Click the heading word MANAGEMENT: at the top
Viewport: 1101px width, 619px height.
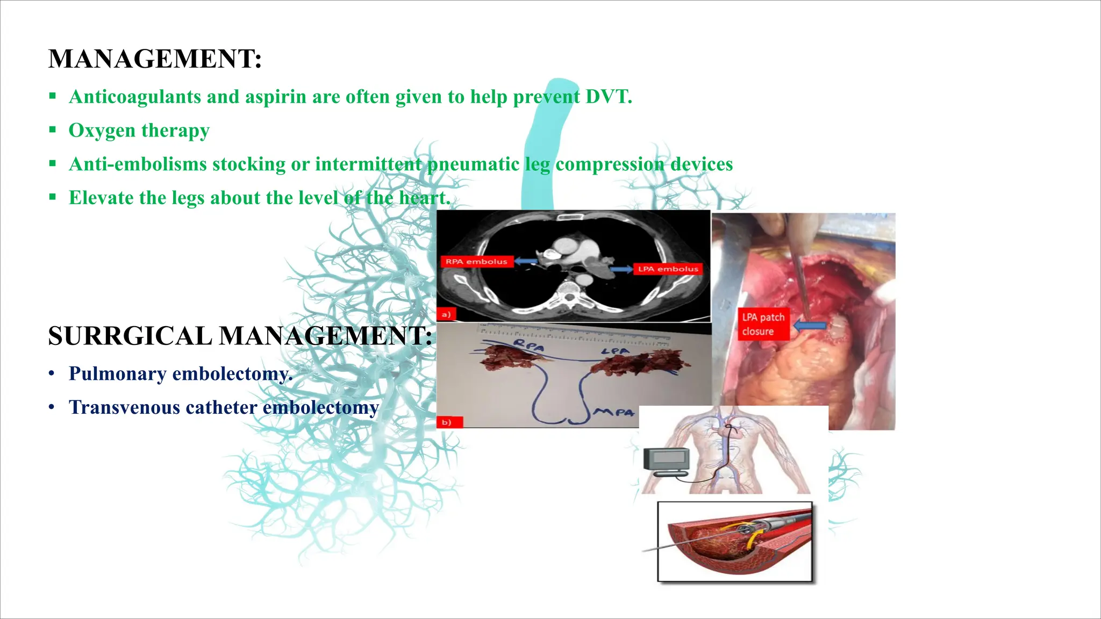coord(155,59)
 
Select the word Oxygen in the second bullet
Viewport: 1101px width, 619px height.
coord(102,131)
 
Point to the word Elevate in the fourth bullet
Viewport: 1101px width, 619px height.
coord(101,198)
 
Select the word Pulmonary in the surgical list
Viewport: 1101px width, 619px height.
coord(117,373)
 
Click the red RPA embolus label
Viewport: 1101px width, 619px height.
coord(477,262)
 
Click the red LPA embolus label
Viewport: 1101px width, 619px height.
coord(668,269)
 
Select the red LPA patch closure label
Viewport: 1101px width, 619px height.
coord(763,324)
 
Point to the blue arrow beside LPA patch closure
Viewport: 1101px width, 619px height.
coord(810,325)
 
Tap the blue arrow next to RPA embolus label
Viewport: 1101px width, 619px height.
coord(526,262)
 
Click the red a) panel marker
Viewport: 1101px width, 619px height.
coord(446,314)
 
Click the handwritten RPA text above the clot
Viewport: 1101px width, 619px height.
coord(528,346)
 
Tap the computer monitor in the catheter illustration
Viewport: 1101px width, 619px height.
coord(667,461)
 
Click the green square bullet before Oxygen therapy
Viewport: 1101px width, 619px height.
coord(52,129)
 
